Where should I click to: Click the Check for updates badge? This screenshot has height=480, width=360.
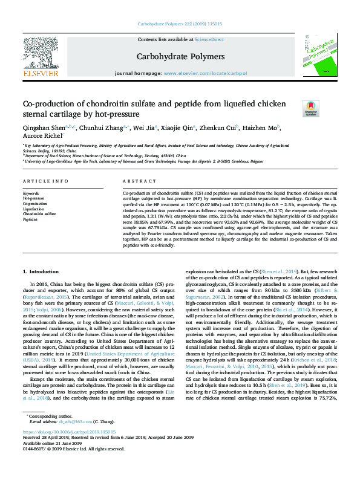click(310, 108)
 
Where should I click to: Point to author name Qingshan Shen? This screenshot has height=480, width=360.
click(44, 128)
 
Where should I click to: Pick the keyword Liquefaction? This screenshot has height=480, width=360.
click(33, 209)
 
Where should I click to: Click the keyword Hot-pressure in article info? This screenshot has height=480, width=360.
click(33, 198)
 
